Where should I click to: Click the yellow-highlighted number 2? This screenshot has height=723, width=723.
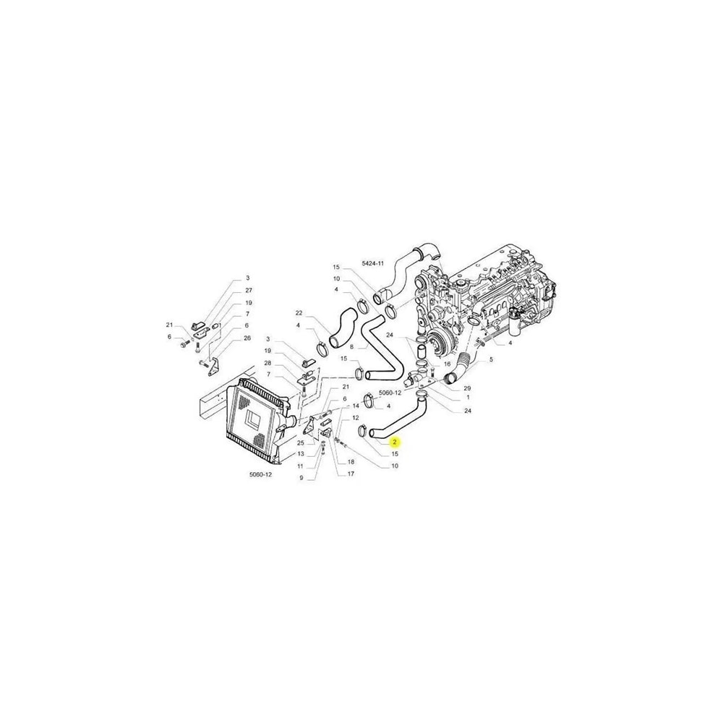(395, 442)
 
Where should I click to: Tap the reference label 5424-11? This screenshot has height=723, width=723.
(373, 263)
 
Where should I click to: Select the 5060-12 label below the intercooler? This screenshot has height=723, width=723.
(260, 474)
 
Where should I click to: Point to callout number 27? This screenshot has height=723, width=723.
(249, 290)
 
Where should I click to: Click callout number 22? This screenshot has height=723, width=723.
(299, 313)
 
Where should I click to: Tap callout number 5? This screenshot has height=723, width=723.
(491, 359)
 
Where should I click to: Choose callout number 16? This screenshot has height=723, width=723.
(447, 364)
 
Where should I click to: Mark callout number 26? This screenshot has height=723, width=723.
(247, 338)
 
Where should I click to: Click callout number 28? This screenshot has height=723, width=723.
(268, 363)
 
